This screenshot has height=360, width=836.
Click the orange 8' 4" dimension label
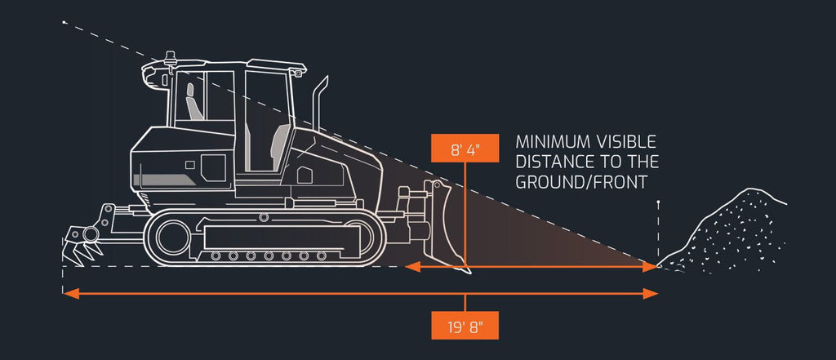465,148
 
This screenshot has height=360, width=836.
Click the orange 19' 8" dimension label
465,325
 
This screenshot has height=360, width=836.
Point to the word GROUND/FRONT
581,182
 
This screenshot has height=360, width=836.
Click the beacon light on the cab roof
171,58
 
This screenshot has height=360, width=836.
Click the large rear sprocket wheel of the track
173,238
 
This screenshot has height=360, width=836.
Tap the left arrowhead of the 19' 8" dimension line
71,293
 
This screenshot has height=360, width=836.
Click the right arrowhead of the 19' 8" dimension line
651,293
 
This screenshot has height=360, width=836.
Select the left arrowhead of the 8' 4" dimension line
412,267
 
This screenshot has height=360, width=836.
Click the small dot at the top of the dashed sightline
64,22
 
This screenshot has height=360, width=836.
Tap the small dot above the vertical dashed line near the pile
659,202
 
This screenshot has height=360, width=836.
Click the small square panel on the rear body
189,165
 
